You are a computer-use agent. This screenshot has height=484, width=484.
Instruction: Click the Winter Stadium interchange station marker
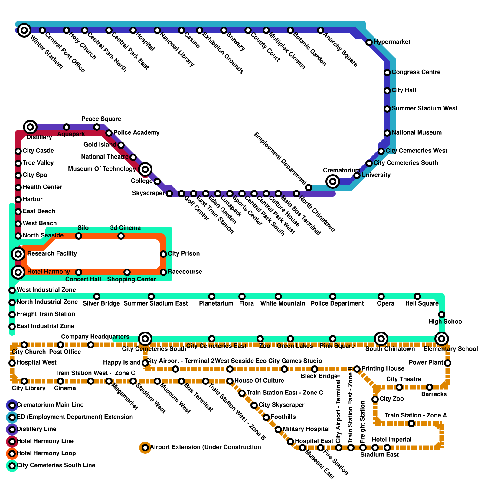pyautogui.click(x=24, y=30)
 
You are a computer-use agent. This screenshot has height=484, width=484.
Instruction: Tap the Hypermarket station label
pyautogui.click(x=392, y=42)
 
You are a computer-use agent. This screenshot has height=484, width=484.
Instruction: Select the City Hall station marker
pyautogui.click(x=387, y=90)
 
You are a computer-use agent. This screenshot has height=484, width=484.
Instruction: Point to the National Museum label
pyautogui.click(x=417, y=132)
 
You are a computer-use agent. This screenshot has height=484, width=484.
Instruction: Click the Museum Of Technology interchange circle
pyautogui.click(x=145, y=169)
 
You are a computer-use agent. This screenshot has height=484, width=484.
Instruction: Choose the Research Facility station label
pyautogui.click(x=52, y=253)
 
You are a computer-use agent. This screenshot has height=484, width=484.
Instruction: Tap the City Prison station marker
pyautogui.click(x=163, y=254)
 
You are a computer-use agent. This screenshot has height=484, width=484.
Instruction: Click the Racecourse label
pyautogui.click(x=185, y=272)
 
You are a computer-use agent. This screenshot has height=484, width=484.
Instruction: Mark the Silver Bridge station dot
pyautogui.click(x=97, y=296)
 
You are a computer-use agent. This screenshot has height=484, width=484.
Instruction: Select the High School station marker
pyautogui.click(x=442, y=314)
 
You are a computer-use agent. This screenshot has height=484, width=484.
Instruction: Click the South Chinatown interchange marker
pyautogui.click(x=381, y=338)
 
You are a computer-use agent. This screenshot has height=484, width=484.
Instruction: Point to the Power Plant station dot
pyautogui.click(x=448, y=363)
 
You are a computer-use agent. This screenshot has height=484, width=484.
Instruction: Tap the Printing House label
pyautogui.click(x=383, y=368)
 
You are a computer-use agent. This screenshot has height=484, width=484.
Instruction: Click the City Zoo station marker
pyautogui.click(x=375, y=399)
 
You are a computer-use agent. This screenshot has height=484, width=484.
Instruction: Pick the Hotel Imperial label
pyautogui.click(x=391, y=440)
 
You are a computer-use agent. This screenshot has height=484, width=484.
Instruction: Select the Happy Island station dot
pyautogui.click(x=145, y=363)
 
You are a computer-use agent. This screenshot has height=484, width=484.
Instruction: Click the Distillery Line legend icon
pyautogui.click(x=12, y=429)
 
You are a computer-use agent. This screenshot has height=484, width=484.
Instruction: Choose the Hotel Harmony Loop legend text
pyautogui.click(x=46, y=453)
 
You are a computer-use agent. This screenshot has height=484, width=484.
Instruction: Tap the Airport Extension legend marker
pyautogui.click(x=145, y=447)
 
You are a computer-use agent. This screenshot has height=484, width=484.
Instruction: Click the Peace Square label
pyautogui.click(x=101, y=119)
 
